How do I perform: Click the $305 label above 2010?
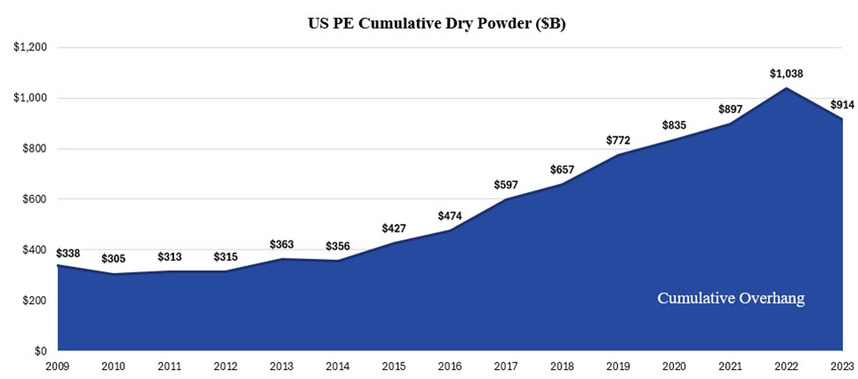point(114,259)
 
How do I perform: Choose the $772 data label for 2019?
point(620,140)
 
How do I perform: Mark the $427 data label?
point(393,227)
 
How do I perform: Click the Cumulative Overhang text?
point(730,299)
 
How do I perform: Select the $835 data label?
point(676,125)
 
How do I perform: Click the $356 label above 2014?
point(337,246)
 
